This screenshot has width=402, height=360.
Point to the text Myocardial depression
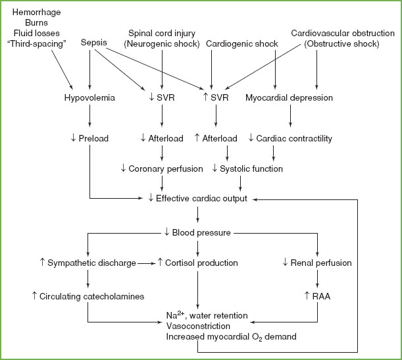[x=289, y=98]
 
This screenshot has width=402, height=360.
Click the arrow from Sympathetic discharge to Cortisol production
[x=145, y=263]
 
